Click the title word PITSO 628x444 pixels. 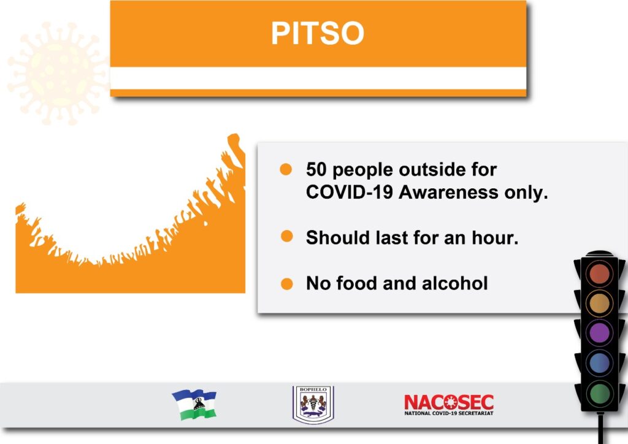click(318, 33)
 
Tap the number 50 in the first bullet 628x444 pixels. click(316, 169)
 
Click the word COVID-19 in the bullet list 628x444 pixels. click(349, 192)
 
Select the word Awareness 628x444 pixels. click(448, 192)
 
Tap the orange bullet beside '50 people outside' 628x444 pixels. click(286, 169)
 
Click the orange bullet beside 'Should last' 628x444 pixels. click(287, 236)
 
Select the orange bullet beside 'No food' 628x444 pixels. click(287, 284)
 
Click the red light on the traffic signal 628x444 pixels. click(599, 274)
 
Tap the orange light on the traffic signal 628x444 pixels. click(599, 304)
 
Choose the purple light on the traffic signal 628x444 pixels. click(599, 333)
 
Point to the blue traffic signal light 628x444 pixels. click(599, 362)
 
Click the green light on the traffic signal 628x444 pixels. click(599, 392)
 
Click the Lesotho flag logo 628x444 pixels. click(194, 404)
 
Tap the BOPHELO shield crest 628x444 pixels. click(313, 404)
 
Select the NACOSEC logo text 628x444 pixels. click(448, 405)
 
